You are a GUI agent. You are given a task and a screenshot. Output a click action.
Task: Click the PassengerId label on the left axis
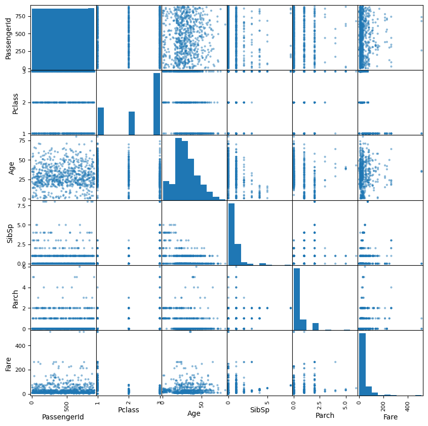(9, 37)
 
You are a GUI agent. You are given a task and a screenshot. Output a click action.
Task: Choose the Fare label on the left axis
(9, 363)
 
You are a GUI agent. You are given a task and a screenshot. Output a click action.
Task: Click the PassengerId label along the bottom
(63, 416)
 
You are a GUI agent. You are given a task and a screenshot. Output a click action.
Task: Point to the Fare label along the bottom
(390, 416)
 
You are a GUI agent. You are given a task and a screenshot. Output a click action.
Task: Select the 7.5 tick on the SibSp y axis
(21, 206)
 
